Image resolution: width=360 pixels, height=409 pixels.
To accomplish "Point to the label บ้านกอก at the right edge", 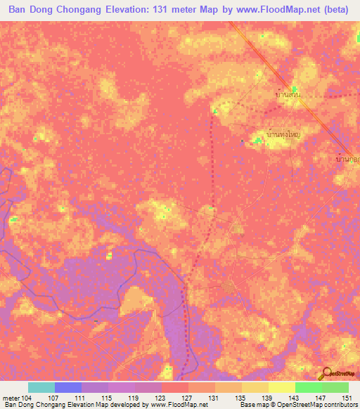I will tap(348, 160).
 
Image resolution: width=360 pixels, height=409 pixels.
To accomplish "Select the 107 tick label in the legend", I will tap(53, 398).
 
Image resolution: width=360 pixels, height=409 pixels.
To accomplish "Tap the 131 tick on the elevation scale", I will tap(213, 398).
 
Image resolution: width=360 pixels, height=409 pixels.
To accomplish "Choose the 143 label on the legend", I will tap(294, 398).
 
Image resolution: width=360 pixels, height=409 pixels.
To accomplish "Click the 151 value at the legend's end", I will tap(348, 398).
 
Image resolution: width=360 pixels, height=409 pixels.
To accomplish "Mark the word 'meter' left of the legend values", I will tap(11, 398).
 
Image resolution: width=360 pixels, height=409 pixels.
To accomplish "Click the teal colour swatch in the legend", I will tap(41, 387).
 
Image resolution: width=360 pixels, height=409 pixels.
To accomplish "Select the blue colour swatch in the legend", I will tap(67, 387).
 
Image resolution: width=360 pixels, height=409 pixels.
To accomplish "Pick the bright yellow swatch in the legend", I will tap(281, 387).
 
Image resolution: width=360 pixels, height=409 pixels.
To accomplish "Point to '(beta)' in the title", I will tap(341, 10).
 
